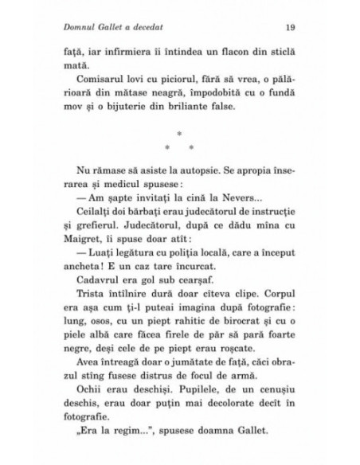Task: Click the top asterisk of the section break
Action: pyautogui.click(x=181, y=135)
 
